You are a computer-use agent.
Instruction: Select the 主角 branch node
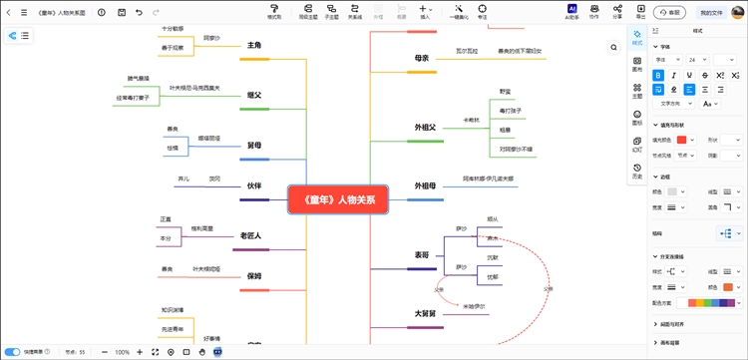[254, 46]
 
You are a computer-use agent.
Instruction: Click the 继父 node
[254, 95]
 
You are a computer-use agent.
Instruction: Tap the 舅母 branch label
[254, 146]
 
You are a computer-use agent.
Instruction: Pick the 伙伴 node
[254, 185]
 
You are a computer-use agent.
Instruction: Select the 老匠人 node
[250, 235]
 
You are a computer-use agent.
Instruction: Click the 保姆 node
[254, 275]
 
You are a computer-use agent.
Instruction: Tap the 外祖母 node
[425, 185]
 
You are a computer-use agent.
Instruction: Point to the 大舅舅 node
[425, 313]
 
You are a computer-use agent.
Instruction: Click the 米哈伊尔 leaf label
[475, 306]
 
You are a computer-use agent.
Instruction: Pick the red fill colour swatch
[681, 141]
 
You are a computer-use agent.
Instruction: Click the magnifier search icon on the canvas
[613, 47]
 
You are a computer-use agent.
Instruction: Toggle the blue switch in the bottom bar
[13, 352]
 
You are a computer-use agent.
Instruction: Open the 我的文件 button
[711, 13]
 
